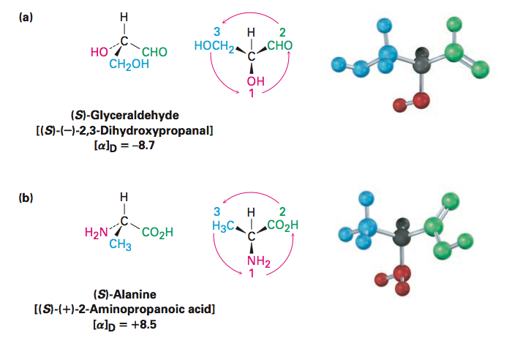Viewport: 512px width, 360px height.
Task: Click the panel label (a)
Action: click(x=26, y=18)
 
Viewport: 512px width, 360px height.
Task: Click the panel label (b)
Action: click(x=26, y=198)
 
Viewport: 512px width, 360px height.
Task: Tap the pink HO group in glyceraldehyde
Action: click(x=99, y=52)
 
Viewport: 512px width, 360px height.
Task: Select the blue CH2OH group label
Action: click(x=129, y=64)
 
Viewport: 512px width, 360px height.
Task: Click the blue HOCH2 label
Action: click(x=214, y=46)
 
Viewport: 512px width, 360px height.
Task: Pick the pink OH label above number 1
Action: click(x=255, y=81)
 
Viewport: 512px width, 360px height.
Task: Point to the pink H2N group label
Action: click(x=96, y=233)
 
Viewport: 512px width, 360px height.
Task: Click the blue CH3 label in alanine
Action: click(x=120, y=244)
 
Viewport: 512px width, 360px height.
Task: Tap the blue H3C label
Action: click(x=223, y=226)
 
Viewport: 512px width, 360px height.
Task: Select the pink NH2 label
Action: click(x=259, y=262)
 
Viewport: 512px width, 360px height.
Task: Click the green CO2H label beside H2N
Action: click(x=157, y=233)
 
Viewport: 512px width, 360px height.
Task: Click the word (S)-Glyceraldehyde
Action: click(x=125, y=115)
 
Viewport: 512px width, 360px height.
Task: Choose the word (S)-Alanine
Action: click(x=125, y=294)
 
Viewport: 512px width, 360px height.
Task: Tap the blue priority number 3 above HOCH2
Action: click(x=217, y=31)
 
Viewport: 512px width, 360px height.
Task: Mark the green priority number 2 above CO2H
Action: click(x=282, y=211)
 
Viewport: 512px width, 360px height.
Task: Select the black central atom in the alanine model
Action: click(x=402, y=232)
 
